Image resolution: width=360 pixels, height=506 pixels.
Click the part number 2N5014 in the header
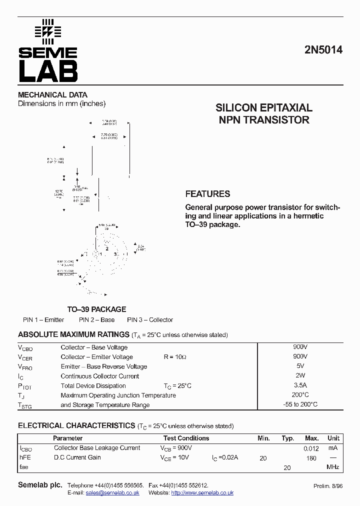(323, 50)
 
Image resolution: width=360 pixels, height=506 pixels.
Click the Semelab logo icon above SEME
(47, 30)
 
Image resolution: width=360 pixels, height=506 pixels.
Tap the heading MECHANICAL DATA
(52, 94)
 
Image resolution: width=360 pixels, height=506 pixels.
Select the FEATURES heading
(207, 194)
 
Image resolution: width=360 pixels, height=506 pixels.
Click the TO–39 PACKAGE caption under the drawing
(96, 309)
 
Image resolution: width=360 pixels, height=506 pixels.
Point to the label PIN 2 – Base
(96, 320)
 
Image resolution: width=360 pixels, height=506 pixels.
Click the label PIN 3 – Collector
(149, 320)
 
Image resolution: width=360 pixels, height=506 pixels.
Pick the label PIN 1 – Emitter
(43, 320)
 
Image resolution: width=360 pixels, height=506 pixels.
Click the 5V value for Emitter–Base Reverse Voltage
(300, 366)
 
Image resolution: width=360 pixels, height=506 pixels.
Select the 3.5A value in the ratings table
(300, 385)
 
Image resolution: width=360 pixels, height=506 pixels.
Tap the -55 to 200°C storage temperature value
(300, 404)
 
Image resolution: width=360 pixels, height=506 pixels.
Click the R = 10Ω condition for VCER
(175, 357)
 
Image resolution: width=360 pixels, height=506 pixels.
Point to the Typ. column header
(287, 438)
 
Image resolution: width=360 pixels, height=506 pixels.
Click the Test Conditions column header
(186, 438)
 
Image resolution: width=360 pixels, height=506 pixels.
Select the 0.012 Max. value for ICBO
(311, 448)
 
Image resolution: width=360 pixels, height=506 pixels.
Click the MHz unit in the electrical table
(333, 467)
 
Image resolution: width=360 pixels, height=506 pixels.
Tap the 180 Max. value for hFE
(311, 458)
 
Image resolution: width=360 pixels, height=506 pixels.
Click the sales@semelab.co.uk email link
(112, 493)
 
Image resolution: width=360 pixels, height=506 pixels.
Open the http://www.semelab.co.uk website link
(202, 493)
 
